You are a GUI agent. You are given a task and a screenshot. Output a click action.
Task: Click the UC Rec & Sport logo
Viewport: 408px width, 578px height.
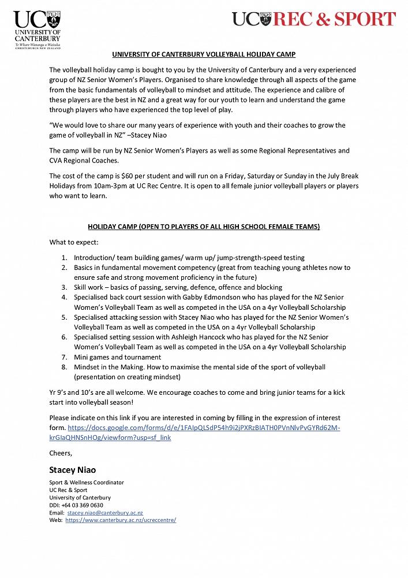[314, 19]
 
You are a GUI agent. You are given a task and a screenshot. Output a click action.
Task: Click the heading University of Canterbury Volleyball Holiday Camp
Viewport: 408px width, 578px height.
[204, 54]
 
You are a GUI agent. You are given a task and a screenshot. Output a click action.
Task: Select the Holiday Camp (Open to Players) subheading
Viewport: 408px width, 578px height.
[204, 227]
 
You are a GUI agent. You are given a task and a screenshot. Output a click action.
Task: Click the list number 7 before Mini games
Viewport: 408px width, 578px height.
[64, 357]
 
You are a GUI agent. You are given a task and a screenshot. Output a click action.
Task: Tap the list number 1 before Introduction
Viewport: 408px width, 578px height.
[64, 257]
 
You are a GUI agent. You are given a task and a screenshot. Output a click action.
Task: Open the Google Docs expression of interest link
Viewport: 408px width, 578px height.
[204, 428]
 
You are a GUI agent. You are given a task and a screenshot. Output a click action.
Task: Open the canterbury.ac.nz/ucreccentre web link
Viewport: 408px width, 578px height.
[121, 520]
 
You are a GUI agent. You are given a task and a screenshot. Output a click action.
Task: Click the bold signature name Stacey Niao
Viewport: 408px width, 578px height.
[73, 470]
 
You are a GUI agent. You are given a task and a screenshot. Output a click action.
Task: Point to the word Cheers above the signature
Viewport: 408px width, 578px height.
[61, 453]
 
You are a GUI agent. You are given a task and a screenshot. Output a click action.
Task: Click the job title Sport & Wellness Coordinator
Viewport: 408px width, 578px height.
[87, 483]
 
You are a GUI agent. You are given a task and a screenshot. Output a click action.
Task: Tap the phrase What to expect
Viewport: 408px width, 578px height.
[74, 242]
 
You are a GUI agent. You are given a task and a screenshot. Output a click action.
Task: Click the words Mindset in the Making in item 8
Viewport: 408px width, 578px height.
[109, 367]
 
